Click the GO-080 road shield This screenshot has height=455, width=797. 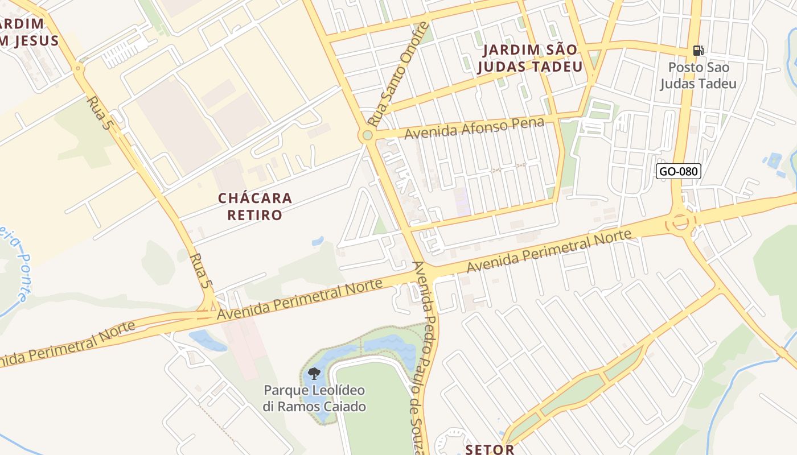coord(678,171)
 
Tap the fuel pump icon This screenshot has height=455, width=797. coord(698,51)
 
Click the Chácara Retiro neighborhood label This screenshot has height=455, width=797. coord(255,206)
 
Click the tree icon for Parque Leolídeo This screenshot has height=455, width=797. coord(314,374)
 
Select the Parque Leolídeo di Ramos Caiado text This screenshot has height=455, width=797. coord(314,399)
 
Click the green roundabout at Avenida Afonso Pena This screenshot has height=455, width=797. coord(367,135)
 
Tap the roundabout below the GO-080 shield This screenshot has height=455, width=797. coord(680,222)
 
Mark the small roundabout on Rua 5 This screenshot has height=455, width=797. coord(78,69)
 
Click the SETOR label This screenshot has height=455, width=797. coord(490,449)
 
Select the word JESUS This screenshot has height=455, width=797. coord(34,40)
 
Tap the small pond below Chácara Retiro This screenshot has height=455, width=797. coord(318,241)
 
